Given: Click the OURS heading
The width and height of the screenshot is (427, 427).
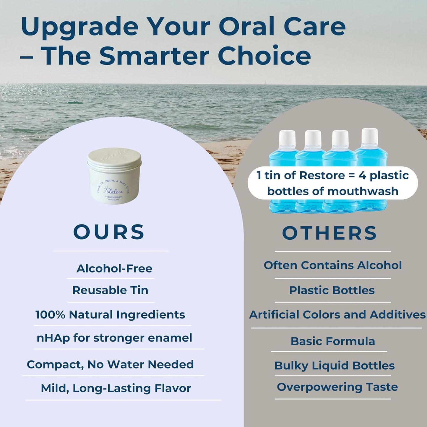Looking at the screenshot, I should tap(109, 232).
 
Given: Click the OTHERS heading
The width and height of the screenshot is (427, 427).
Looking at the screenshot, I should tap(329, 233).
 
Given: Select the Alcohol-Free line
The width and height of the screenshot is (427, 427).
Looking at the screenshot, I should tap(114, 268).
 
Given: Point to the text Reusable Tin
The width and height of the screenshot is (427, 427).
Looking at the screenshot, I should tap(110, 290).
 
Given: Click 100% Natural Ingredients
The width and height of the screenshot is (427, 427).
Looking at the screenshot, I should tap(110, 315).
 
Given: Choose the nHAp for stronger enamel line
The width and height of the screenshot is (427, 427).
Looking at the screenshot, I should tap(114, 338).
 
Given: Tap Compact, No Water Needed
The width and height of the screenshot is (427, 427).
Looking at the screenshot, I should tap(110, 364).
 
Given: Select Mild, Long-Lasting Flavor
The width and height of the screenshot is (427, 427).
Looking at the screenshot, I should tap(116, 388).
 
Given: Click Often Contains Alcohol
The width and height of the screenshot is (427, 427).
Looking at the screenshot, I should tap(333, 265).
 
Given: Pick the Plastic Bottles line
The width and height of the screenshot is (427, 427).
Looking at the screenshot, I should tap(332, 290).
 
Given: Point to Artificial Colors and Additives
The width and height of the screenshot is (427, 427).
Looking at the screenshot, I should tap(337, 314).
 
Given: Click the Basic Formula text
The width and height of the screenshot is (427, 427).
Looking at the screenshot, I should tap(333, 341).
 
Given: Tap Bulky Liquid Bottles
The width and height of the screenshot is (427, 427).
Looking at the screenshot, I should tap(335, 366).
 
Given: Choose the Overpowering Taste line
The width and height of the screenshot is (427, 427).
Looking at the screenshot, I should tap(337, 387).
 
